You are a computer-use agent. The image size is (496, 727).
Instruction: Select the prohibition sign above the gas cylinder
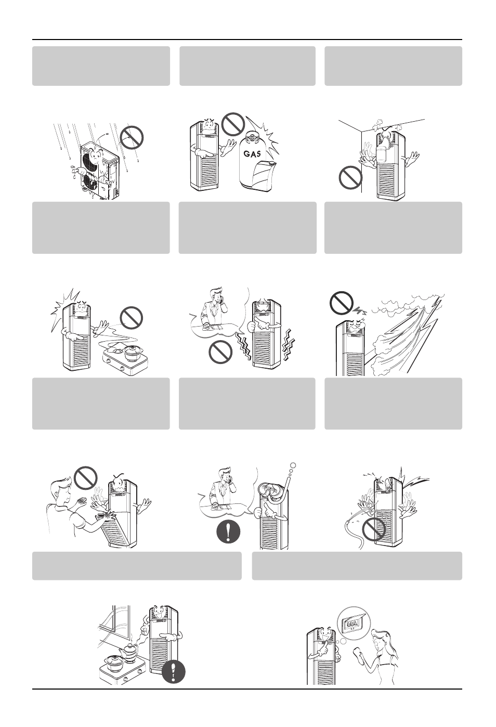tap(232, 124)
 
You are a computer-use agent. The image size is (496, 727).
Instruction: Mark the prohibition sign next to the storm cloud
tap(342, 303)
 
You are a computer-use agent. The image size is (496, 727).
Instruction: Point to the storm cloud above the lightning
tap(407, 304)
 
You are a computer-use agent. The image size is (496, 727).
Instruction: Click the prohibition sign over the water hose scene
tap(374, 529)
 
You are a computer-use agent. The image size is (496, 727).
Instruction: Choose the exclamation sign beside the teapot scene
tap(174, 672)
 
